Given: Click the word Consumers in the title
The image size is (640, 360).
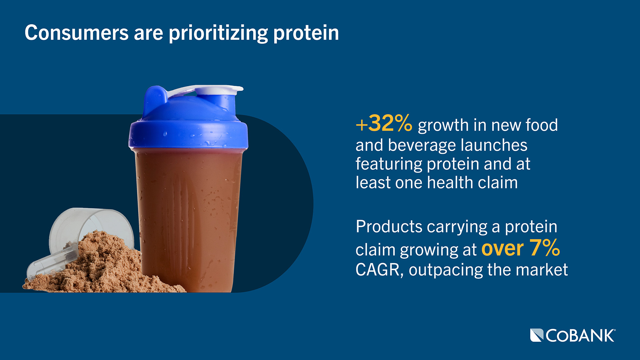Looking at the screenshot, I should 76,33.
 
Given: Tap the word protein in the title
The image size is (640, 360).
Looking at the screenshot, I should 306,34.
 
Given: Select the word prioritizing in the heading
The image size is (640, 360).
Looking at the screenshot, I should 218,34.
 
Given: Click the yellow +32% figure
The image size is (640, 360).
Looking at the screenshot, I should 384,124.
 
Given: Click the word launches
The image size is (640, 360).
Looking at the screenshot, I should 494,145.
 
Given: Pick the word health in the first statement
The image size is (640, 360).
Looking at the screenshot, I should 450,183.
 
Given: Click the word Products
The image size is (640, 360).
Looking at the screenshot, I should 389,227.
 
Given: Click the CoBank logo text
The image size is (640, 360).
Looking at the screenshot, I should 580,336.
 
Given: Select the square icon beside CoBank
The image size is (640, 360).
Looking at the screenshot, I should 536,335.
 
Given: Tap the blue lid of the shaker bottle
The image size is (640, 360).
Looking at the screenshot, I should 188,127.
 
